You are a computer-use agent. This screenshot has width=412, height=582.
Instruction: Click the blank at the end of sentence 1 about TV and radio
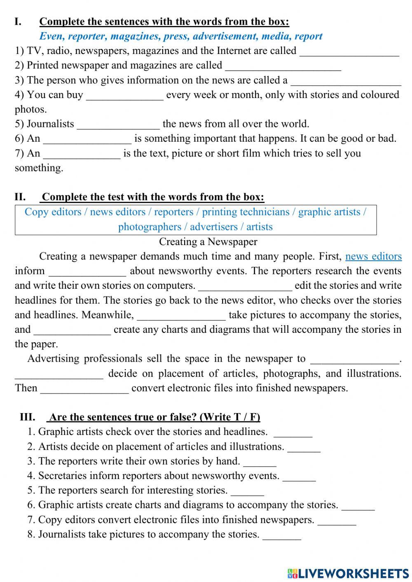click(x=349, y=52)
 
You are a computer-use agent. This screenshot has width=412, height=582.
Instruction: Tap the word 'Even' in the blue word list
click(x=51, y=36)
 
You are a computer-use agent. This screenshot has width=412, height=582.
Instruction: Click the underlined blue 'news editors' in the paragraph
click(x=373, y=256)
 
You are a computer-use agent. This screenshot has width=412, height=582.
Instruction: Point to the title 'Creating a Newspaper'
click(x=208, y=241)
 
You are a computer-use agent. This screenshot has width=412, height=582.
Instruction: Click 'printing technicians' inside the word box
click(x=246, y=212)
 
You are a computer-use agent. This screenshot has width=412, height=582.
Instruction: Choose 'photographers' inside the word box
click(x=150, y=227)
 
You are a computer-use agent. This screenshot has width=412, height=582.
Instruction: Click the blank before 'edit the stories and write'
click(x=245, y=286)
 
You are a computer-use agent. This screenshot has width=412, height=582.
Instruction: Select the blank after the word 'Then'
click(x=84, y=389)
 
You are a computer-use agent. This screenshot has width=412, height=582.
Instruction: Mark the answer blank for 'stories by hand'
click(x=260, y=462)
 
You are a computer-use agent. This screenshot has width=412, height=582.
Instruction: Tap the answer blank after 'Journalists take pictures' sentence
click(x=282, y=535)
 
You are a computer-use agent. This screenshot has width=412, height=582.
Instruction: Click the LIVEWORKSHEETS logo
click(x=348, y=573)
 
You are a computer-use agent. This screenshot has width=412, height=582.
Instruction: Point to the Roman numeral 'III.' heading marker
click(x=27, y=417)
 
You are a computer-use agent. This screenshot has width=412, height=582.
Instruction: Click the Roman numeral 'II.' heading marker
click(x=20, y=197)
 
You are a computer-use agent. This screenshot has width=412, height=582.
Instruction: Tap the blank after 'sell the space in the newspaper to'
click(x=354, y=360)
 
